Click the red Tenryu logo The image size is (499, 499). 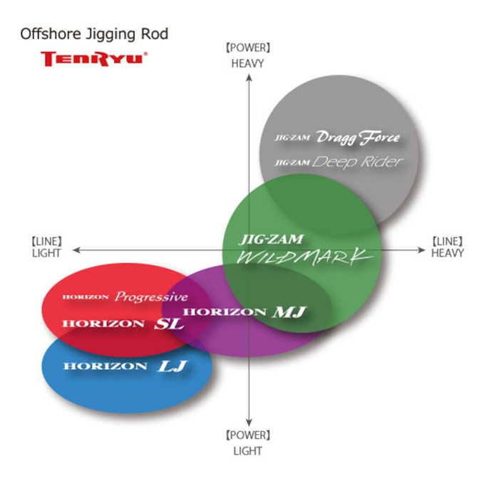click(94, 59)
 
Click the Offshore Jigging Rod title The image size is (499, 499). click(94, 34)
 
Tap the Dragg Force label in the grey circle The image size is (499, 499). click(359, 138)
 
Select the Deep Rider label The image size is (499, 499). click(357, 162)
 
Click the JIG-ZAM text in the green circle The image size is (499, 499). click(272, 240)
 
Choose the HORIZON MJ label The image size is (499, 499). click(245, 312)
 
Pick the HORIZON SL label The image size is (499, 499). click(123, 324)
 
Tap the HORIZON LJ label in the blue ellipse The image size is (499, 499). click(125, 366)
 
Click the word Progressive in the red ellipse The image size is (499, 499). click(151, 297)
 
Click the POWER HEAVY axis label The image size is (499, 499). click(248, 56)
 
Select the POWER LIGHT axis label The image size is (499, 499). click(248, 443)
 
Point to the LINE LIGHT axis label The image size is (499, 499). click(46, 247)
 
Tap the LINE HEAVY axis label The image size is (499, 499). click(448, 247)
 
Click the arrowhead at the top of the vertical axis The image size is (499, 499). click(249, 77)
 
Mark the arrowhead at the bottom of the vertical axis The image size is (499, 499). click(249, 423)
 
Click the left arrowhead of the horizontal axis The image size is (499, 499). click(76, 250)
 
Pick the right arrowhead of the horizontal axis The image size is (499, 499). click(422, 250)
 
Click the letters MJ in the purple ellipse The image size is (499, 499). click(289, 312)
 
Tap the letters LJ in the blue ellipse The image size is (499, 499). click(173, 366)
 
